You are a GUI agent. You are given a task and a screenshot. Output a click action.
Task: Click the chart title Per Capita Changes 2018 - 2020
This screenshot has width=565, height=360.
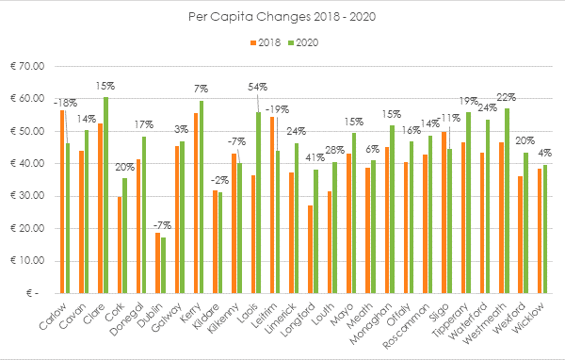[282, 17]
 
